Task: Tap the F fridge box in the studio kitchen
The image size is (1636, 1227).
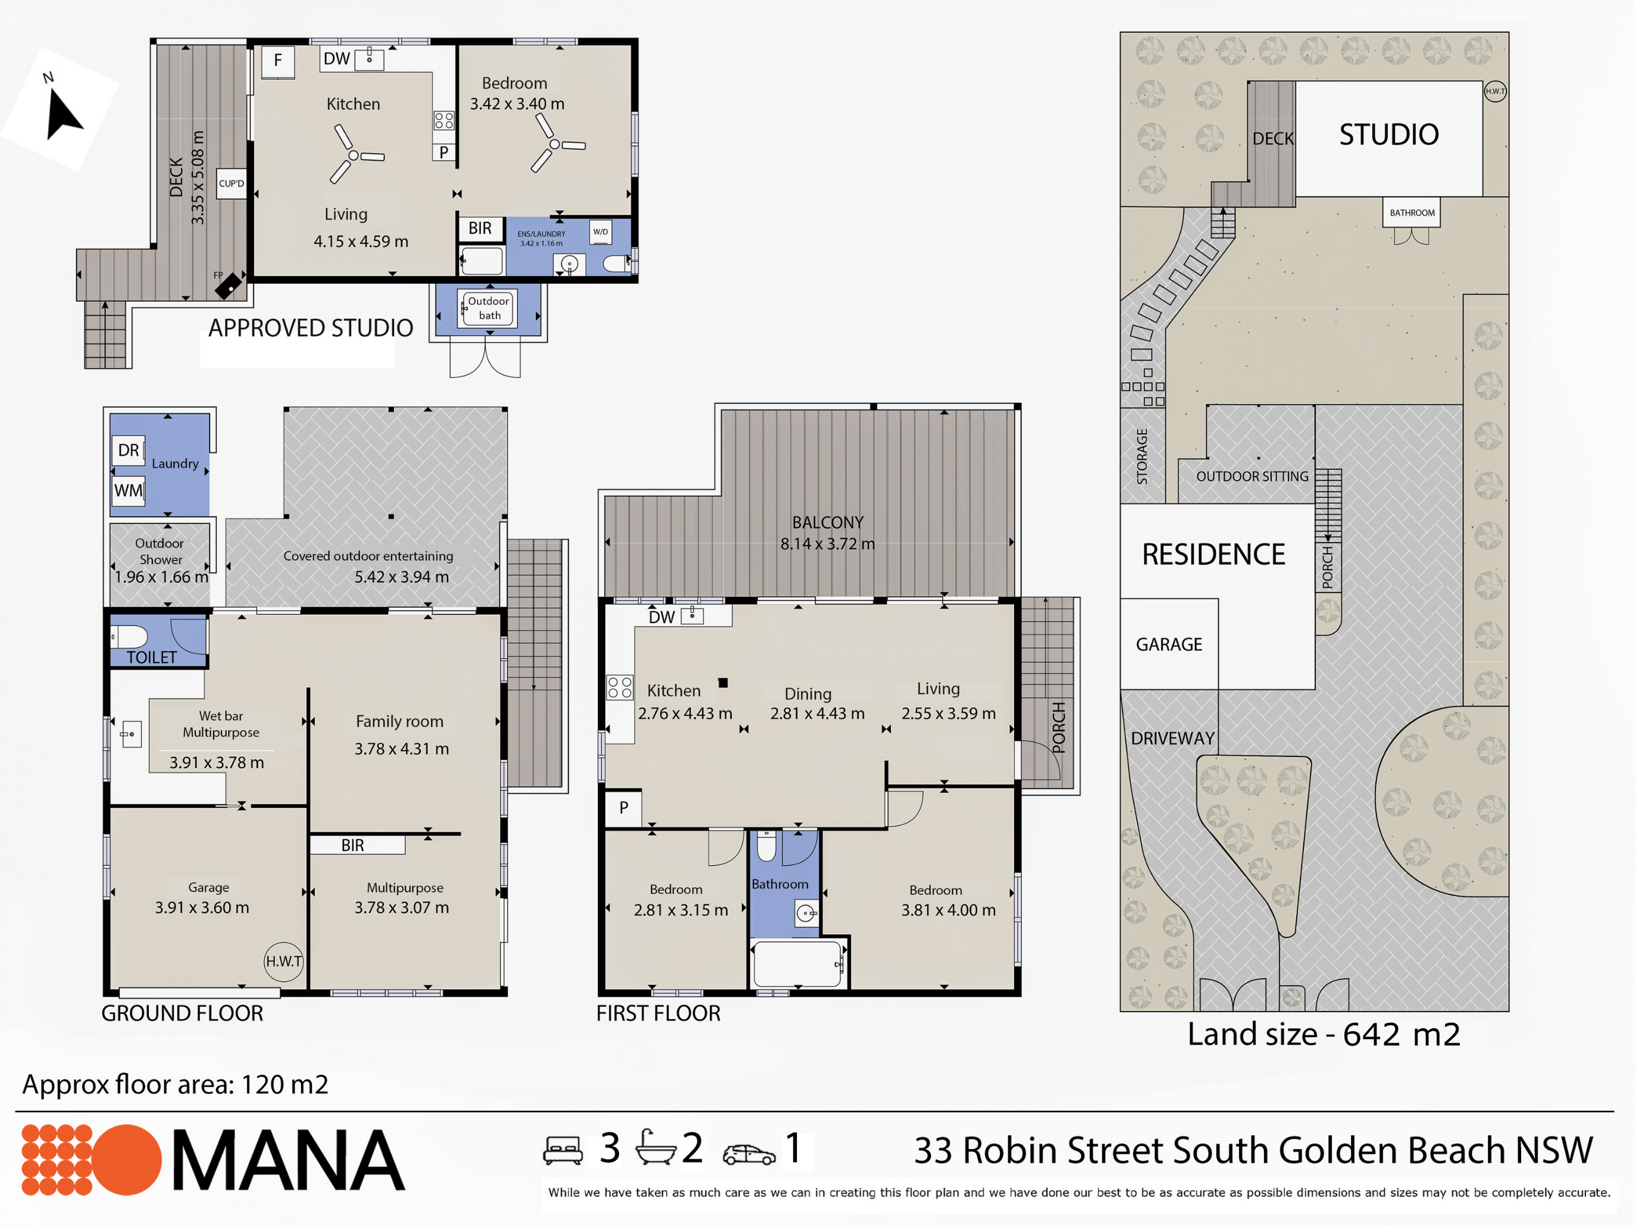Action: click(278, 61)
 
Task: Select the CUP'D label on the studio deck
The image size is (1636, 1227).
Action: click(232, 183)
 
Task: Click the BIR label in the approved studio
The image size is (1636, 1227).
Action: click(480, 229)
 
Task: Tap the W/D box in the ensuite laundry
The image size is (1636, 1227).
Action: click(600, 232)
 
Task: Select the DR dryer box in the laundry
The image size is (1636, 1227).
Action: click(129, 450)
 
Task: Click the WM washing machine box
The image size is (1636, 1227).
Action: click(129, 490)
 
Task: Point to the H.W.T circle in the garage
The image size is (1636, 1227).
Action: click(284, 962)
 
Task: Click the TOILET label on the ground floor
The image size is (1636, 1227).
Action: click(152, 658)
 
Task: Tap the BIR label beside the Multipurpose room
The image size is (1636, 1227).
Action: click(353, 846)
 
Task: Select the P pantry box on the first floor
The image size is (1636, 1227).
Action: click(624, 807)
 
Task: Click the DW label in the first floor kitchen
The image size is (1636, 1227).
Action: click(662, 618)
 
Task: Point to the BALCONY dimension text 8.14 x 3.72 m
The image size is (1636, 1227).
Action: click(828, 544)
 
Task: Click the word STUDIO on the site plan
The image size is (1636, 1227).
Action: click(1389, 134)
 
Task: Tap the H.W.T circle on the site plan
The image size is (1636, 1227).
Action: click(1496, 91)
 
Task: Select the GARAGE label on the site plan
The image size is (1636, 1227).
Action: click(1169, 645)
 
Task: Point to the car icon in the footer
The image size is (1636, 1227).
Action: click(749, 1154)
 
